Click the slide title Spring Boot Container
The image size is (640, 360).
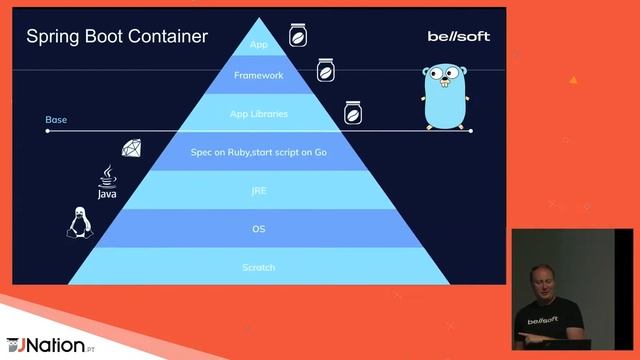click(x=117, y=37)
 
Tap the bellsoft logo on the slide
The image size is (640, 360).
click(x=459, y=37)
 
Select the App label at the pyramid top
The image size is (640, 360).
click(x=259, y=44)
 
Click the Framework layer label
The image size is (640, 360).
click(x=259, y=75)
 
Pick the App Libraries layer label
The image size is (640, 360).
click(x=259, y=114)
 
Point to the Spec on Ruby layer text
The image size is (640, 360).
click(x=259, y=152)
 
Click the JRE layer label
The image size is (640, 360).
click(x=259, y=190)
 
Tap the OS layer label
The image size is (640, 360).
click(x=259, y=229)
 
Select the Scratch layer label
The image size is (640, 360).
click(x=259, y=267)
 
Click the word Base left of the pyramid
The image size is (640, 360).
click(x=56, y=120)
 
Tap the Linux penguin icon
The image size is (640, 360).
click(x=76, y=222)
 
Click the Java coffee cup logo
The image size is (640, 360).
click(x=107, y=182)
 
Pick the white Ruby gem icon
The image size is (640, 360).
click(x=132, y=149)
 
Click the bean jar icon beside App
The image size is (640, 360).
click(x=297, y=36)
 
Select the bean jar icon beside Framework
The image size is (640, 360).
click(x=325, y=71)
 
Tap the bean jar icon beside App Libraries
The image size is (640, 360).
click(x=352, y=112)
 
